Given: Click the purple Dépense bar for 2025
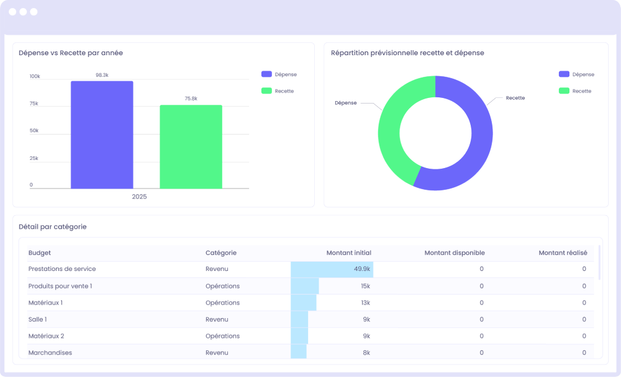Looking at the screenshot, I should pyautogui.click(x=102, y=135).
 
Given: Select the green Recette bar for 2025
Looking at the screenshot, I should pyautogui.click(x=191, y=147).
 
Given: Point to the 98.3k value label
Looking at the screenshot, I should pyautogui.click(x=102, y=75).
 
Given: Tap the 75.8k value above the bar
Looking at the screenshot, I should pyautogui.click(x=191, y=99).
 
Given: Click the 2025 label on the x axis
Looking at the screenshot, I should pyautogui.click(x=139, y=197).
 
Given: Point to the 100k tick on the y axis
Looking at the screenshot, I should pyautogui.click(x=35, y=76).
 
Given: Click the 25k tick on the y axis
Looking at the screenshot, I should pyautogui.click(x=34, y=158).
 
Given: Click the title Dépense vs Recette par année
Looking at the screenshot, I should pyautogui.click(x=71, y=53).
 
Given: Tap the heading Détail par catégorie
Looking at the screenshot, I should pyautogui.click(x=53, y=227).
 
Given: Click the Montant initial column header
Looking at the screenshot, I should pyautogui.click(x=348, y=253).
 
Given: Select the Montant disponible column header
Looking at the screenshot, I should pyautogui.click(x=454, y=253).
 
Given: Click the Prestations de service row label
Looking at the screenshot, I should pyautogui.click(x=62, y=269).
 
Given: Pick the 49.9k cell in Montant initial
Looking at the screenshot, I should pyautogui.click(x=362, y=269).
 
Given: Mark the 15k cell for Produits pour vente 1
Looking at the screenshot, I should pyautogui.click(x=365, y=286).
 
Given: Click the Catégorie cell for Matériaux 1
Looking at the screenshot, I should pyautogui.click(x=222, y=303).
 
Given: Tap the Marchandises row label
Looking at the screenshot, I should pyautogui.click(x=50, y=352).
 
